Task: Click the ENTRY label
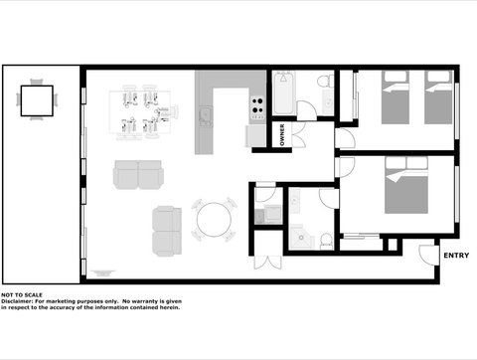[456, 256]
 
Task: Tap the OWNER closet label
[282, 134]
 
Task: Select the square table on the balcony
[38, 99]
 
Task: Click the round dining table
[214, 220]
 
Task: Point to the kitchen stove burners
[256, 102]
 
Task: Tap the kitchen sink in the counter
[206, 116]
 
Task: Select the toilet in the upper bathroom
[323, 81]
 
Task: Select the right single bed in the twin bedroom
[438, 95]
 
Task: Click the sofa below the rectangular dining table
[139, 176]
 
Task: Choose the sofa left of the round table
[166, 230]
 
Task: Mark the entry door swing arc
[428, 255]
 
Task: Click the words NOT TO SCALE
[22, 295]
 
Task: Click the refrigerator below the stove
[256, 133]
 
